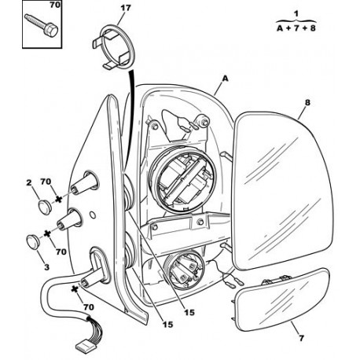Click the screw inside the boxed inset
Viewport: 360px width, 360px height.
42,25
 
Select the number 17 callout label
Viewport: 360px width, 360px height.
126,8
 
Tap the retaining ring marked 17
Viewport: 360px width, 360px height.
117,46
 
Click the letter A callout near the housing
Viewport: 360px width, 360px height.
225,79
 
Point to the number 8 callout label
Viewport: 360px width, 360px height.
307,102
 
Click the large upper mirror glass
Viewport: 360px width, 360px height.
282,190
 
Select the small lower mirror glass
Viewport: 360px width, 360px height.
282,299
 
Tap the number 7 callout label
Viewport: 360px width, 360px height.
301,338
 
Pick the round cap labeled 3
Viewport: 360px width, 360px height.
33,241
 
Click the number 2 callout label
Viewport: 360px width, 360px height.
29,182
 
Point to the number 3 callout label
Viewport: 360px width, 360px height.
46,267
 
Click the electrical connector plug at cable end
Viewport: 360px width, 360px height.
83,346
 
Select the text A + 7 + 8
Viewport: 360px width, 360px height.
296,28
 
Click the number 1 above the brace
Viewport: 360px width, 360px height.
296,13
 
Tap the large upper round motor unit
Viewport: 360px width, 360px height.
182,180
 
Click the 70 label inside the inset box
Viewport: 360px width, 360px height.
55,5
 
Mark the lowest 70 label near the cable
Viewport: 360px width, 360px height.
88,307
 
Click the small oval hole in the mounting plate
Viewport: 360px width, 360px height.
93,215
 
